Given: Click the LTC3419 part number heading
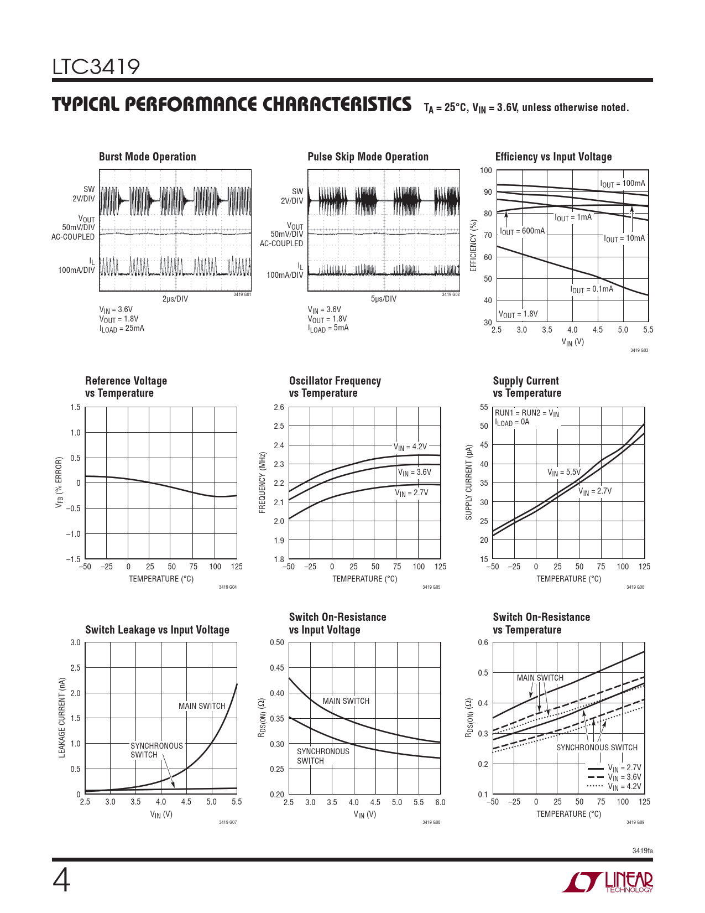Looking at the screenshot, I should coord(96,68).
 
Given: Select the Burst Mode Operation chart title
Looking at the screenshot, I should coord(147,157).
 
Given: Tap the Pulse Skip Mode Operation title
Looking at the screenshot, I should coord(368,157).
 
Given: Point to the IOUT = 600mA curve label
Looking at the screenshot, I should coord(522,231).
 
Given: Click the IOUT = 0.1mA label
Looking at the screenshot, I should coord(592,289).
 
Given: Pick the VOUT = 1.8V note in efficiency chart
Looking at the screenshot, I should coord(518,314).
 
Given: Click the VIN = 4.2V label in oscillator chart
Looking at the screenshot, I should coord(410,447).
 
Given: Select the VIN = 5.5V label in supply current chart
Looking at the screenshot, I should coord(563,472).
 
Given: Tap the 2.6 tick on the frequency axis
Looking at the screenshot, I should coord(279,407).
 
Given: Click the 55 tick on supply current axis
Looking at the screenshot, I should coord(484,407).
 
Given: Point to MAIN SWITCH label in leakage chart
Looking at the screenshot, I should coord(202,706).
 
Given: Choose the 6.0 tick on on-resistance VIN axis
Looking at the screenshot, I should coord(440,802).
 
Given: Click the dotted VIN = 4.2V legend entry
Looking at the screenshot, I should coord(614,786).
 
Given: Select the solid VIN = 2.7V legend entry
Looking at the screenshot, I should coord(614,768).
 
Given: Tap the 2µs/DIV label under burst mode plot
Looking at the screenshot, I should coord(175,299).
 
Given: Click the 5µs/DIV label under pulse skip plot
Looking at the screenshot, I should coord(383,299).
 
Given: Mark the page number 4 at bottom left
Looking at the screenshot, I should coord(61,881).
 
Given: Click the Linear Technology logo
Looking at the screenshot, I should coord(608,882).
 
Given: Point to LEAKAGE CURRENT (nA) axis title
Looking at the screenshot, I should coord(62,718).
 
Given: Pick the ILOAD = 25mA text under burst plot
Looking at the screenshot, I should coord(122,328).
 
